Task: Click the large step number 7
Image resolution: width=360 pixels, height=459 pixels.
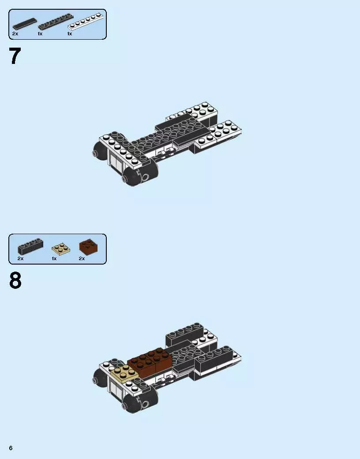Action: click(15, 56)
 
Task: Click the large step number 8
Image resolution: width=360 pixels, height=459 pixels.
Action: click(15, 281)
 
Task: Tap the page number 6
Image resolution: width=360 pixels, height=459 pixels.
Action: click(11, 448)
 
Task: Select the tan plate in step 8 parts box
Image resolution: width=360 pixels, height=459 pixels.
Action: click(60, 249)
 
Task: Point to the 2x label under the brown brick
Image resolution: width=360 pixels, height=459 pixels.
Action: click(82, 258)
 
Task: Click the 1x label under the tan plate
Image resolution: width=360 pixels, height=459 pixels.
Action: click(54, 258)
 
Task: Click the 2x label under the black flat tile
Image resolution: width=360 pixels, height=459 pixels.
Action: click(15, 34)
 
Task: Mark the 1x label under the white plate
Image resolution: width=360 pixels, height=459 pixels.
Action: click(70, 34)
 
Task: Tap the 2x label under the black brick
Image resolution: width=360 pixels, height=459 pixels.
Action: click(20, 258)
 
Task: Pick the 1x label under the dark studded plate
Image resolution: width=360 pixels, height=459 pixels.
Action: click(40, 34)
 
